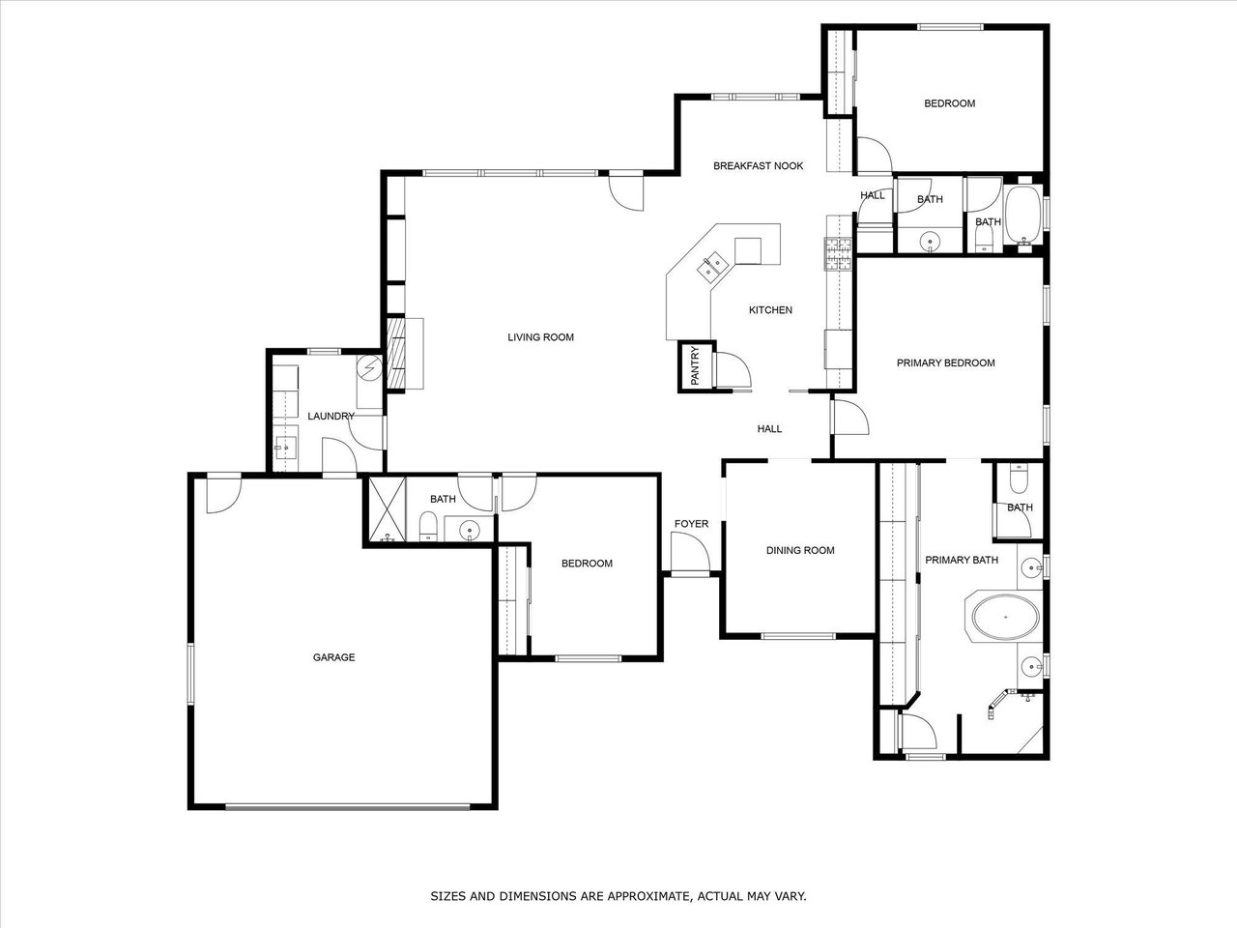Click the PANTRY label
694,365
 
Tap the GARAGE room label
333,657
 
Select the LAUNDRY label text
331,416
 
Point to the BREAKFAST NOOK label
758,165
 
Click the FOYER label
692,523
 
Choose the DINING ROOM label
800,550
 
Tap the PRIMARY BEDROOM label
946,362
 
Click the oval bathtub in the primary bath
1006,617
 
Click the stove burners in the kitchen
838,253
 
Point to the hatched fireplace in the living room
396,353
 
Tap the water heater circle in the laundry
370,368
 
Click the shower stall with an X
387,509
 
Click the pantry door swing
733,370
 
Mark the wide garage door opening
348,806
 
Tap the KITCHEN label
770,310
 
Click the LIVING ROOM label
540,337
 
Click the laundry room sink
286,448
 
